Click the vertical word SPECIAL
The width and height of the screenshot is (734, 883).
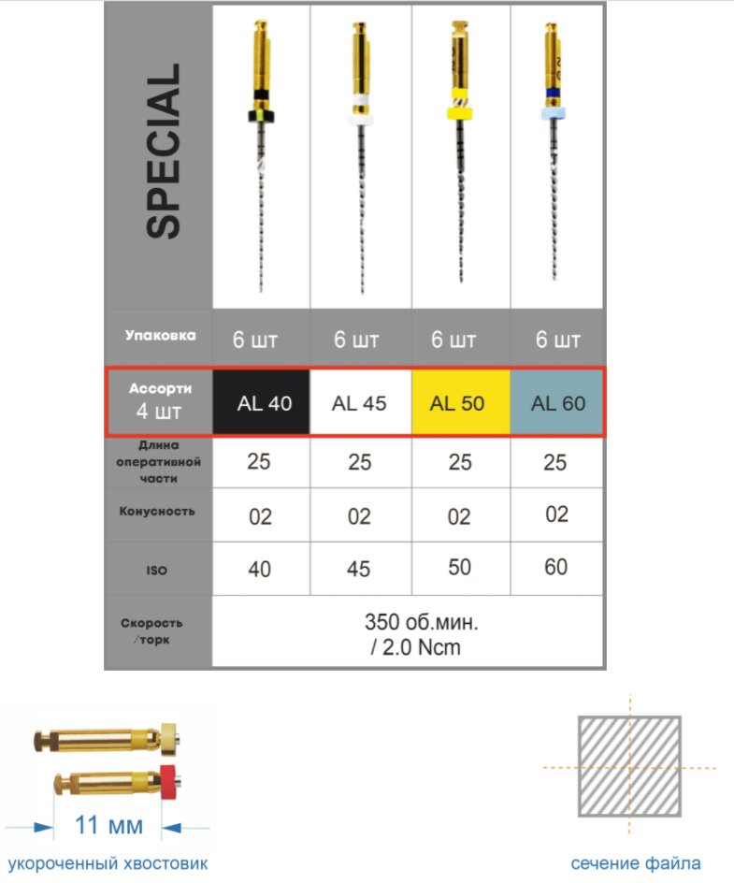pyautogui.click(x=164, y=151)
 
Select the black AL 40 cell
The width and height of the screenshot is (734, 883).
pyautogui.click(x=261, y=402)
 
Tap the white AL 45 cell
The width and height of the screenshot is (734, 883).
pyautogui.click(x=360, y=402)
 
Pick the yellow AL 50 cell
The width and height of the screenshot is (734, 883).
pyautogui.click(x=461, y=402)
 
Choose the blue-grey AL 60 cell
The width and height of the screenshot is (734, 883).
pyautogui.click(x=556, y=402)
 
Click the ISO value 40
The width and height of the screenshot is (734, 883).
pyautogui.click(x=260, y=570)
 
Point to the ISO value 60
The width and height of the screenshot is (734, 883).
pyautogui.click(x=555, y=567)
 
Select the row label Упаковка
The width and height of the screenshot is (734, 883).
pyautogui.click(x=161, y=336)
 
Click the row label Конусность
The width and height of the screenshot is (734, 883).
pyautogui.click(x=157, y=512)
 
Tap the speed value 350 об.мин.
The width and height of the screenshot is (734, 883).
pyautogui.click(x=421, y=622)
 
